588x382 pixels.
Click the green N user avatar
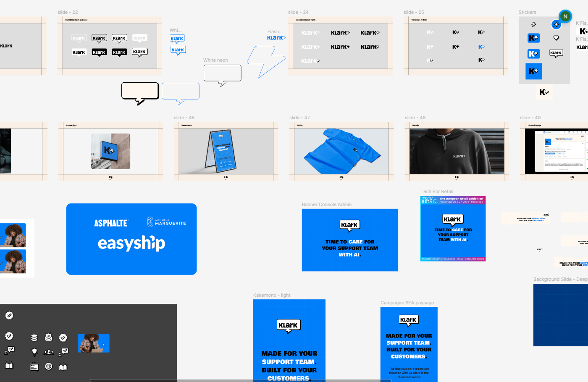[x=565, y=16]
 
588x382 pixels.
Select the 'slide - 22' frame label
[x=68, y=12]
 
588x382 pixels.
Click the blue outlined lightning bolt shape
[x=265, y=61]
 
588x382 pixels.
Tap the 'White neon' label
[x=215, y=60]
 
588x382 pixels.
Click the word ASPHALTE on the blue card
[x=111, y=223]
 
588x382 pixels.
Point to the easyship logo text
[x=131, y=243]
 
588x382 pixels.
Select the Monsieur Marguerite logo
[x=167, y=222]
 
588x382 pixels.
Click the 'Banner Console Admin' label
[x=326, y=204]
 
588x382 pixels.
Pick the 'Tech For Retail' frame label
[x=437, y=191]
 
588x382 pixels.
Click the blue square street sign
[x=109, y=150]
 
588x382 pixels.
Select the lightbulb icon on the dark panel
[x=35, y=352]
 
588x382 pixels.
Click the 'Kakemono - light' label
[x=271, y=295]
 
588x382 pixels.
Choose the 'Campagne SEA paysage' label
[x=407, y=303]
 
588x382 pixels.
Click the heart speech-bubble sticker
[x=556, y=38]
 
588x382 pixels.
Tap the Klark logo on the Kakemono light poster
[x=288, y=326]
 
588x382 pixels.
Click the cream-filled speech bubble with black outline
[x=140, y=92]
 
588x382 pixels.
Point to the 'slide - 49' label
[x=530, y=118]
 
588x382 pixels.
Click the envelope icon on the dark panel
[x=49, y=337]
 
